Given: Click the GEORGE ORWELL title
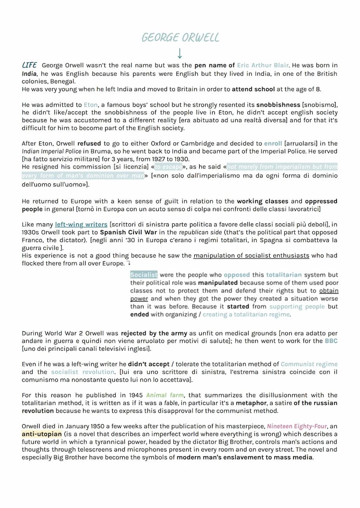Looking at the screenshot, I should (x=180, y=38).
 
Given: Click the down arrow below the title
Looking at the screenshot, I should (x=180, y=54).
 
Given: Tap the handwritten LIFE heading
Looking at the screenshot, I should (x=29, y=65).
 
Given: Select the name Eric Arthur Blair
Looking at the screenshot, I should (x=263, y=66).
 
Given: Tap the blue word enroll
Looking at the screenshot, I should (x=273, y=143).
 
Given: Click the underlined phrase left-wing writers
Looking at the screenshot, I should (x=81, y=225).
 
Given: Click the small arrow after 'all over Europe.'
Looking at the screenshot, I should (x=129, y=264).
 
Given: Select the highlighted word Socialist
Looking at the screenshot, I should (x=144, y=275).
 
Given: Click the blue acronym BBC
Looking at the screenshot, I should (x=331, y=341).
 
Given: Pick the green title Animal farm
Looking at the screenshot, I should (x=164, y=395).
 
